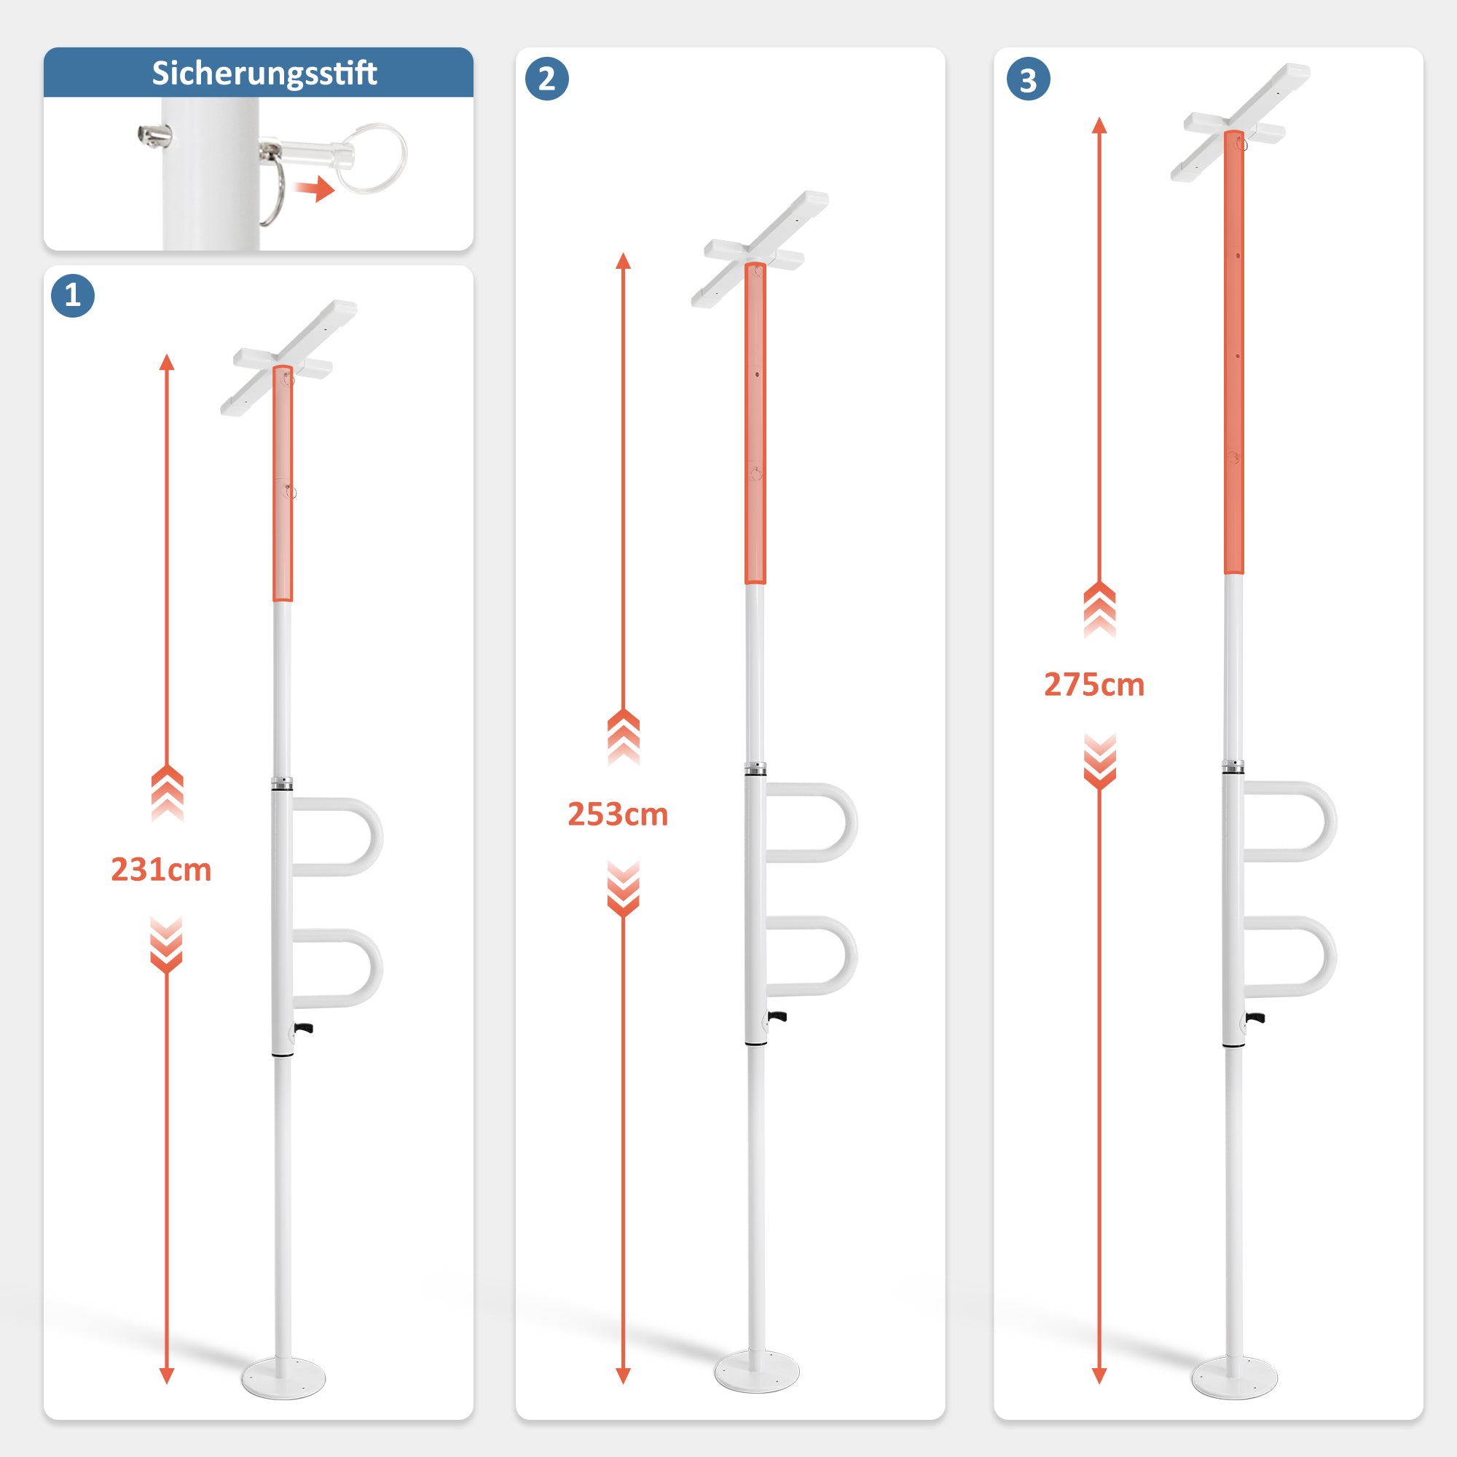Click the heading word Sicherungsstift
point(264,73)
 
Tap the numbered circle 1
point(72,295)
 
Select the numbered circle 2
point(547,79)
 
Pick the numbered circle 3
point(1028,79)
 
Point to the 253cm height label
point(618,814)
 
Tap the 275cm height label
point(1094,685)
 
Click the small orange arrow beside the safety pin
point(315,189)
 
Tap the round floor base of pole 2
point(755,1370)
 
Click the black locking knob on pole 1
point(305,1028)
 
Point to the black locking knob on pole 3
point(1257,1018)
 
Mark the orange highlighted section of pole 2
point(755,423)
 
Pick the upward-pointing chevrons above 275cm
point(1099,609)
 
